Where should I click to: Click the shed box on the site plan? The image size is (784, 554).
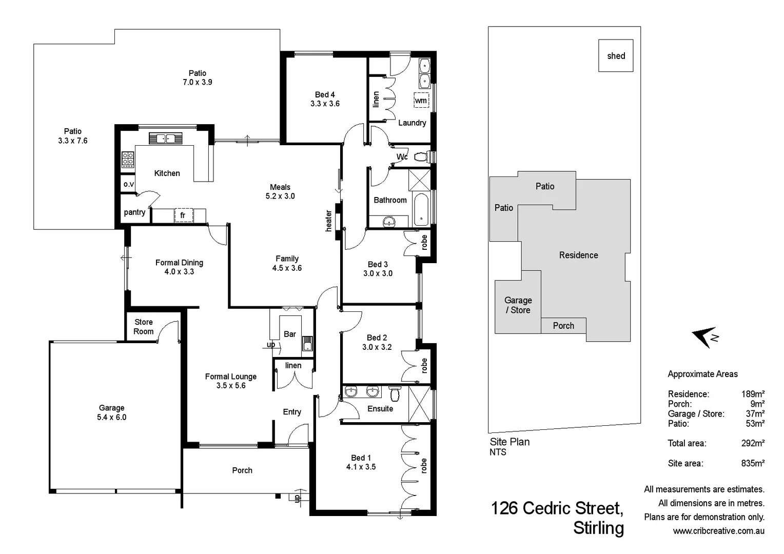pyautogui.click(x=616, y=55)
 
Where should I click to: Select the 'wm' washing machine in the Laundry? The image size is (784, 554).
pyautogui.click(x=421, y=101)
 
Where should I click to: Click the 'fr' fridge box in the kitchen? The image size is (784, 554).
pyautogui.click(x=183, y=215)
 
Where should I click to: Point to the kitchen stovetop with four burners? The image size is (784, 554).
pyautogui.click(x=128, y=160)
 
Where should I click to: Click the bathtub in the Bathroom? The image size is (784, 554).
pyautogui.click(x=421, y=209)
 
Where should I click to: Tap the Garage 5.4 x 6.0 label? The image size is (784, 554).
pyautogui.click(x=111, y=412)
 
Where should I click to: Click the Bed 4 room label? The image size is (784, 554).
pyautogui.click(x=325, y=99)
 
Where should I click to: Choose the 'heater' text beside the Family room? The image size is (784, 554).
pyautogui.click(x=328, y=221)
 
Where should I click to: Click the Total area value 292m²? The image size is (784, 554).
pyautogui.click(x=753, y=443)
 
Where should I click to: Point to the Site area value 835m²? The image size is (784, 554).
pyautogui.click(x=753, y=463)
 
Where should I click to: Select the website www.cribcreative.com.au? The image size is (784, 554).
pyautogui.click(x=718, y=531)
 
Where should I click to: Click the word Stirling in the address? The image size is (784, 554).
pyautogui.click(x=598, y=528)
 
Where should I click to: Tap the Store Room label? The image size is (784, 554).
pyautogui.click(x=144, y=327)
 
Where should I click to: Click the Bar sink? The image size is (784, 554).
pyautogui.click(x=307, y=343)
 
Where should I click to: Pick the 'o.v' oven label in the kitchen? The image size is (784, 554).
pyautogui.click(x=128, y=184)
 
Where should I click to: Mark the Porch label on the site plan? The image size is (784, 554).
pyautogui.click(x=563, y=326)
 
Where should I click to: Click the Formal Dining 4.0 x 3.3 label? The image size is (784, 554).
pyautogui.click(x=179, y=267)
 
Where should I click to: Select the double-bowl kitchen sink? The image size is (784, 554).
pyautogui.click(x=165, y=138)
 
